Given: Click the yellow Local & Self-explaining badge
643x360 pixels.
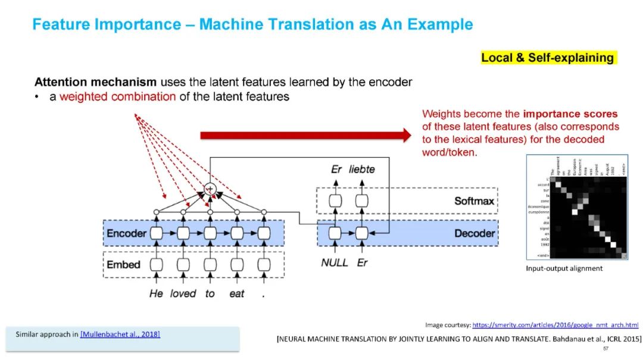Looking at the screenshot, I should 548,58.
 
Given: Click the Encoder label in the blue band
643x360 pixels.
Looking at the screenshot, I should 126,233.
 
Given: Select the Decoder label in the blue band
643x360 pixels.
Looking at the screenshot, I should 475,233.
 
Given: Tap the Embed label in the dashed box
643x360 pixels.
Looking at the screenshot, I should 124,264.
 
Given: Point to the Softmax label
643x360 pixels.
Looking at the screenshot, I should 474,201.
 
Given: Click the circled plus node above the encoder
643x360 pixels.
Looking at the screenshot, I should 210,189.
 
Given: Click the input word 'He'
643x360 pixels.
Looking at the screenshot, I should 156,293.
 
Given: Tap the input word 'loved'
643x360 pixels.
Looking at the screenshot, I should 183,293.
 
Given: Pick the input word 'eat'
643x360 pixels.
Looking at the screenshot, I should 236,293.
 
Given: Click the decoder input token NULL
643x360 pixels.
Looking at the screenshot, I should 334,262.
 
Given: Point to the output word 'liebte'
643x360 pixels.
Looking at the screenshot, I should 362,170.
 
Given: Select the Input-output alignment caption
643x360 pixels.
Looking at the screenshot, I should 564,268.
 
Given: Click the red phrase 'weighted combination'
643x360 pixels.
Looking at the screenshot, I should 117,96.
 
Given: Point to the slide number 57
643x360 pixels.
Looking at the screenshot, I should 605,348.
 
